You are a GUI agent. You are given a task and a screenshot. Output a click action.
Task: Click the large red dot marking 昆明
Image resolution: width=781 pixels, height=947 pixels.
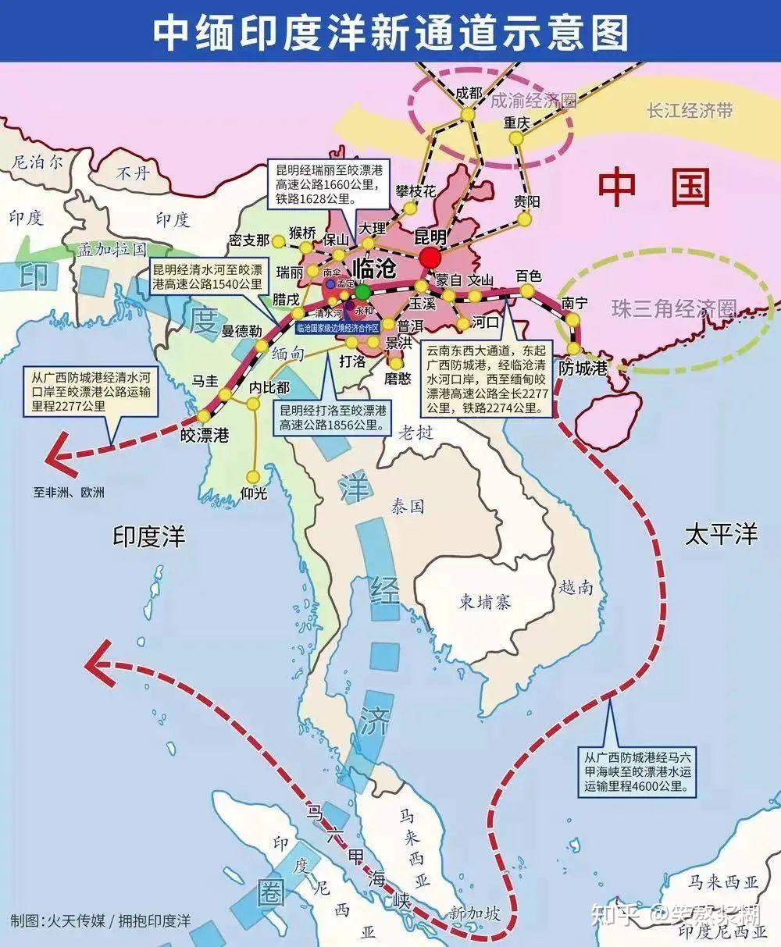coord(430,258)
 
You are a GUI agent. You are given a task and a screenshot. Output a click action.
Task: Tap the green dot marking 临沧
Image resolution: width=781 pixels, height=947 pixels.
coord(363,292)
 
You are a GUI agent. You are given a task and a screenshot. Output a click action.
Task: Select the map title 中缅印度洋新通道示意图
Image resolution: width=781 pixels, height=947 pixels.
coord(390,30)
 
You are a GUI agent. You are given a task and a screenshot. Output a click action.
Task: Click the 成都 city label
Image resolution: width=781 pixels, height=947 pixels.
coord(469,93)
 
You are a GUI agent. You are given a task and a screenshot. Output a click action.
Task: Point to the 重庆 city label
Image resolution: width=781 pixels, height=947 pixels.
coord(516,123)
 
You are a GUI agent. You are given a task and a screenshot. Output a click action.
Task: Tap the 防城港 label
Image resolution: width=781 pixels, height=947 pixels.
coord(583,368)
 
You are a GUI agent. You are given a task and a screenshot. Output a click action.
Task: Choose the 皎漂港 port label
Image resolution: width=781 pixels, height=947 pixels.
coord(205,435)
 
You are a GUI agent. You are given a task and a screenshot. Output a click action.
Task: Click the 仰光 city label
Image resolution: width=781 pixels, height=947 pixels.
coord(254,493)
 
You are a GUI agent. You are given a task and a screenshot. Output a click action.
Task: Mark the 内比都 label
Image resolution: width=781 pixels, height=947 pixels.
coord(269,387)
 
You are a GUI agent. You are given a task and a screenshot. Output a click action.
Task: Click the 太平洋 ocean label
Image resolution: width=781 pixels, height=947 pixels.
coord(721,535)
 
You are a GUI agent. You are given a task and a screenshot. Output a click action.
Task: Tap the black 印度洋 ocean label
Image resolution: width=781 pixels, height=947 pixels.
coord(149,536)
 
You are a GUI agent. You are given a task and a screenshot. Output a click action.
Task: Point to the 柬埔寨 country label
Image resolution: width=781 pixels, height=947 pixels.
coord(485,602)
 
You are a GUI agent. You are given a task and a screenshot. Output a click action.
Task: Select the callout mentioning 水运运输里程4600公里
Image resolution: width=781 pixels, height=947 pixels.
coord(638,771)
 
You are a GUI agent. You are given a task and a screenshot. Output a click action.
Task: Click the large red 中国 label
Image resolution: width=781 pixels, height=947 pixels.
coord(654,188)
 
